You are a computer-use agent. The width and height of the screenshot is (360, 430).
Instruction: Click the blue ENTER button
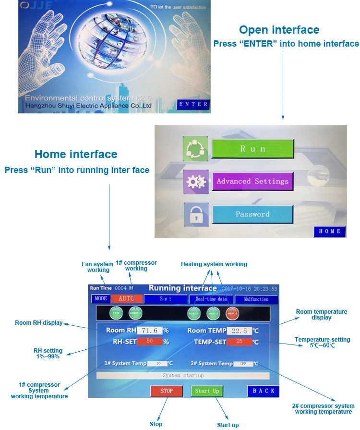click(193, 104)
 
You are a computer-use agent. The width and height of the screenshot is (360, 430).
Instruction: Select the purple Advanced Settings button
click(252, 181)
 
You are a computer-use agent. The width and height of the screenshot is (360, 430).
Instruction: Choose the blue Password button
click(252, 214)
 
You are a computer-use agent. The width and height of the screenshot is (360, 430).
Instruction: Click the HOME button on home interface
click(329, 231)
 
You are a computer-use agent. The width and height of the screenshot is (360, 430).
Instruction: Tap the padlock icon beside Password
click(195, 215)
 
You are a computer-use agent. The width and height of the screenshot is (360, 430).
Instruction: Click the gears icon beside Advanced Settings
click(195, 182)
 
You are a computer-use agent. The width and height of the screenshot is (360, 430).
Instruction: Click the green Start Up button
click(207, 391)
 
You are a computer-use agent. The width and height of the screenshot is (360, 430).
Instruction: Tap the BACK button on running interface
click(264, 391)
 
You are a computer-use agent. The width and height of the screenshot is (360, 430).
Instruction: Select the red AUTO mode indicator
click(126, 298)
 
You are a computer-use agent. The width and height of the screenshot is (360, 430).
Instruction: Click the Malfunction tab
click(256, 299)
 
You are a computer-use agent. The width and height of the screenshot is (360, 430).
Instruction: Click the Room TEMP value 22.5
click(239, 331)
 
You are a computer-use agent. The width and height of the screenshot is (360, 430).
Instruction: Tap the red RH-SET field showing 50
click(149, 342)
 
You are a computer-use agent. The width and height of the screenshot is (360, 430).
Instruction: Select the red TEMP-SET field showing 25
click(239, 342)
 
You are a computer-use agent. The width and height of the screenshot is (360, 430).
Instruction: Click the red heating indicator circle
click(232, 313)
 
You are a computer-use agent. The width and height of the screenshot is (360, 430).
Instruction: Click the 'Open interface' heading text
click(279, 30)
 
